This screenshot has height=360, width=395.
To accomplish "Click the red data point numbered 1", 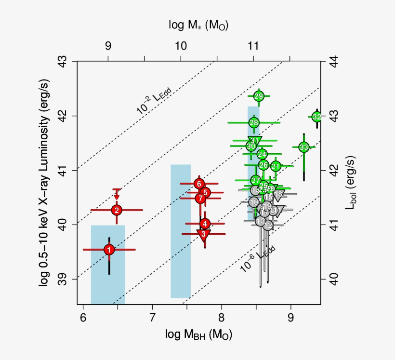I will click(109, 250).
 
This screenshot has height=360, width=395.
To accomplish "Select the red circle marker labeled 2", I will click(117, 210).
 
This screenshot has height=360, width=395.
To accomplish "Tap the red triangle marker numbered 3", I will click(203, 234).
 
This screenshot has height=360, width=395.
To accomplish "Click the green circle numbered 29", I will click(259, 96).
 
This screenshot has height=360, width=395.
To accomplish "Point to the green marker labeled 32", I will click(316, 117).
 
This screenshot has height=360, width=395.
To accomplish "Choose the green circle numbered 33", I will click(303, 147).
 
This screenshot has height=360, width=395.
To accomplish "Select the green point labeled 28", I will click(254, 122).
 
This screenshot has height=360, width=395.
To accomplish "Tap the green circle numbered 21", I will click(276, 166).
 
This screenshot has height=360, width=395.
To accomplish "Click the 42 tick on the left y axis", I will click(66, 116).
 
